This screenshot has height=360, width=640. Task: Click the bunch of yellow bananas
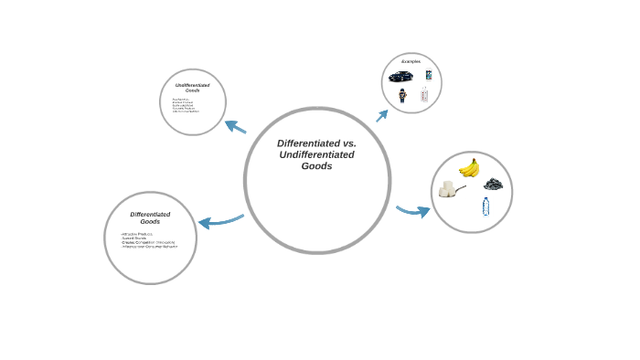pyautogui.click(x=469, y=167)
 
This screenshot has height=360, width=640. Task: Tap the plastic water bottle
pyautogui.click(x=485, y=207)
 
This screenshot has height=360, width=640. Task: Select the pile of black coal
pyautogui.click(x=493, y=184)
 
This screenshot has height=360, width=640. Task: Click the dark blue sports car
pyautogui.click(x=400, y=76)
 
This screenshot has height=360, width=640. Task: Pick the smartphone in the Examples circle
pyautogui.click(x=428, y=75)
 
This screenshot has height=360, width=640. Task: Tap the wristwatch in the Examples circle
pyautogui.click(x=401, y=95)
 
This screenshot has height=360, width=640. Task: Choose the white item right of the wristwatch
pyautogui.click(x=423, y=94)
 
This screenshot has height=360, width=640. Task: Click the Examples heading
pyautogui.click(x=411, y=61)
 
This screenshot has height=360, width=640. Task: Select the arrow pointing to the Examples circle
pyautogui.click(x=382, y=115)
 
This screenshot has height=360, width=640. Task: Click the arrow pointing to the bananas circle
pyautogui.click(x=412, y=211)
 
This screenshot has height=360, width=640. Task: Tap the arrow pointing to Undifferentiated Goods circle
pyautogui.click(x=235, y=127)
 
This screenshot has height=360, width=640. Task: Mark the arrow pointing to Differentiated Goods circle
pyautogui.click(x=219, y=221)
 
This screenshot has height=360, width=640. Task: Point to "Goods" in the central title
pyautogui.click(x=316, y=166)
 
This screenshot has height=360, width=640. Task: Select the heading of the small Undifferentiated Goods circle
pyautogui.click(x=192, y=88)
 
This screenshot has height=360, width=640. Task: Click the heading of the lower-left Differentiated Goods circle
pyautogui.click(x=150, y=217)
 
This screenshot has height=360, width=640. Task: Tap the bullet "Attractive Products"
pyautogui.click(x=138, y=234)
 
